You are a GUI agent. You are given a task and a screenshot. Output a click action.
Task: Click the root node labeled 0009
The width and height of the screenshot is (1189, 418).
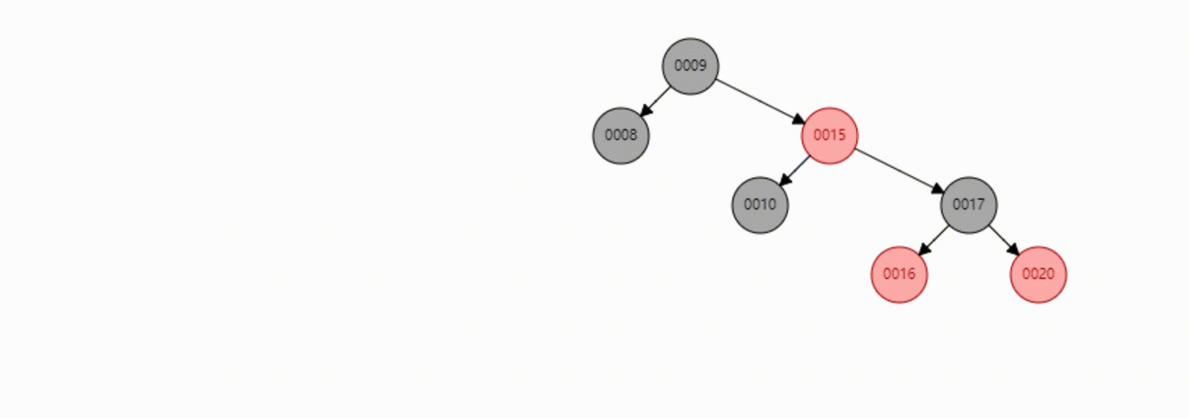click(690, 66)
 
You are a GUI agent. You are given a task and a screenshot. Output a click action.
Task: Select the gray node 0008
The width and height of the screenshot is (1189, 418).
click(621, 135)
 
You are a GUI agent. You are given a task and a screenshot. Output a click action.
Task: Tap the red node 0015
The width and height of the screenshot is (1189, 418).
click(829, 135)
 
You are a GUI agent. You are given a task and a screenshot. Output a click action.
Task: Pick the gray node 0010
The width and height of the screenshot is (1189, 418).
click(760, 205)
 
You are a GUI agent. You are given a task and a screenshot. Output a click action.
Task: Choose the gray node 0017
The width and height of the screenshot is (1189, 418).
click(968, 205)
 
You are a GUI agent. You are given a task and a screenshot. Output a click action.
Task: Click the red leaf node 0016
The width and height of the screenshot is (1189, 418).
click(899, 274)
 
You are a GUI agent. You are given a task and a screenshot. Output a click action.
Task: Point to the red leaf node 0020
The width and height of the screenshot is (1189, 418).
click(1038, 274)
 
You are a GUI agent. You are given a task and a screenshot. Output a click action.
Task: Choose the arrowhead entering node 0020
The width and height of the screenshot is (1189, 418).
click(1014, 250)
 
